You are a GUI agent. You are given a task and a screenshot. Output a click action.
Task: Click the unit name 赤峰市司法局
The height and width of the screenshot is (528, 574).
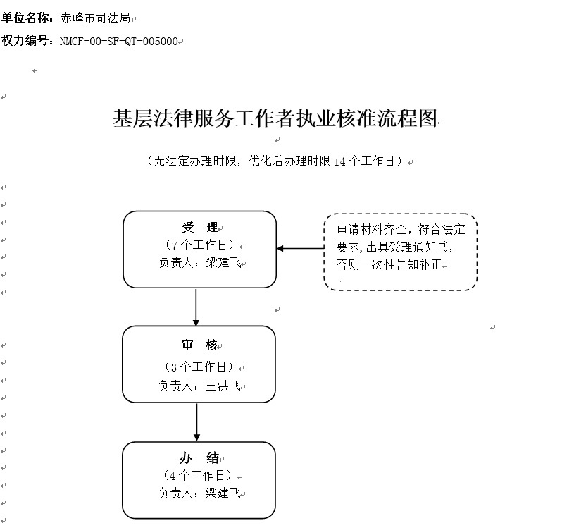(x=95, y=18)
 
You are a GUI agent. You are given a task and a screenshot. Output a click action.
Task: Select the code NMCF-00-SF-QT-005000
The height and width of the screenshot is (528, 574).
(x=119, y=42)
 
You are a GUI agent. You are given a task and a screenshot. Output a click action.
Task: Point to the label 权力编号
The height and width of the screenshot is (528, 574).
(x=25, y=41)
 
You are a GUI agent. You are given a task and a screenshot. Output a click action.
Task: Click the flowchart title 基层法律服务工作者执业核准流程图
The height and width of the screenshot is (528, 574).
(x=275, y=118)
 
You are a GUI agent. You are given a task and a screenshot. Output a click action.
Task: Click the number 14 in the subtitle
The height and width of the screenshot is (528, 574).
(x=339, y=161)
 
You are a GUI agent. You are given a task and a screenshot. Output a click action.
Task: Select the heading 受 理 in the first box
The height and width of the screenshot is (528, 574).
(x=200, y=227)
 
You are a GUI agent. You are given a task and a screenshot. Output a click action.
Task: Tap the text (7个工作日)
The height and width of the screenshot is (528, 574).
(x=199, y=245)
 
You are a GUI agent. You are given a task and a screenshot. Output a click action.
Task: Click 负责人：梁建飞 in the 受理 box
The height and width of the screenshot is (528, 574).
(x=200, y=262)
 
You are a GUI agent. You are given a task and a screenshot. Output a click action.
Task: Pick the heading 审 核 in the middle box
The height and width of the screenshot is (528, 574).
(x=199, y=345)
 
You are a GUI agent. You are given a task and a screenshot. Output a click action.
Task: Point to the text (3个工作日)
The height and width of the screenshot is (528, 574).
(x=199, y=367)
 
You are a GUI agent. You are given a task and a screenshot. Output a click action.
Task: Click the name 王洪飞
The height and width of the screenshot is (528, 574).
(x=223, y=386)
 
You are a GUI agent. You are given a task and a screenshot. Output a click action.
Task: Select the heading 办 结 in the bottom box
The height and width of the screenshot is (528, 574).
(x=199, y=458)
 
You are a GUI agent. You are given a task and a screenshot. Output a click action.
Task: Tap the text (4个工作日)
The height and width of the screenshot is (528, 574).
(x=198, y=475)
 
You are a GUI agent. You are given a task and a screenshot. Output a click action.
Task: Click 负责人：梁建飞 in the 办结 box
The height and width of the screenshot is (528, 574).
(x=199, y=493)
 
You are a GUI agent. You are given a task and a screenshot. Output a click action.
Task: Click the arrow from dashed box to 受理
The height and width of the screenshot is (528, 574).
(x=301, y=248)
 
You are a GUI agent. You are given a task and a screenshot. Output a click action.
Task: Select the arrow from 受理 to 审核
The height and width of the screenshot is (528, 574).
(x=196, y=307)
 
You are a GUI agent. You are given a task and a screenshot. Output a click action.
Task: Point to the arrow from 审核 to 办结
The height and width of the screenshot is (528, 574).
(x=197, y=422)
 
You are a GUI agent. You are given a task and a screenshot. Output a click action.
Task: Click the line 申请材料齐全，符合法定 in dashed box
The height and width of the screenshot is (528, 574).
(x=401, y=229)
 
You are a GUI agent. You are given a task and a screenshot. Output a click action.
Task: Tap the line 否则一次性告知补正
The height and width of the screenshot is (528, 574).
(x=389, y=264)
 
